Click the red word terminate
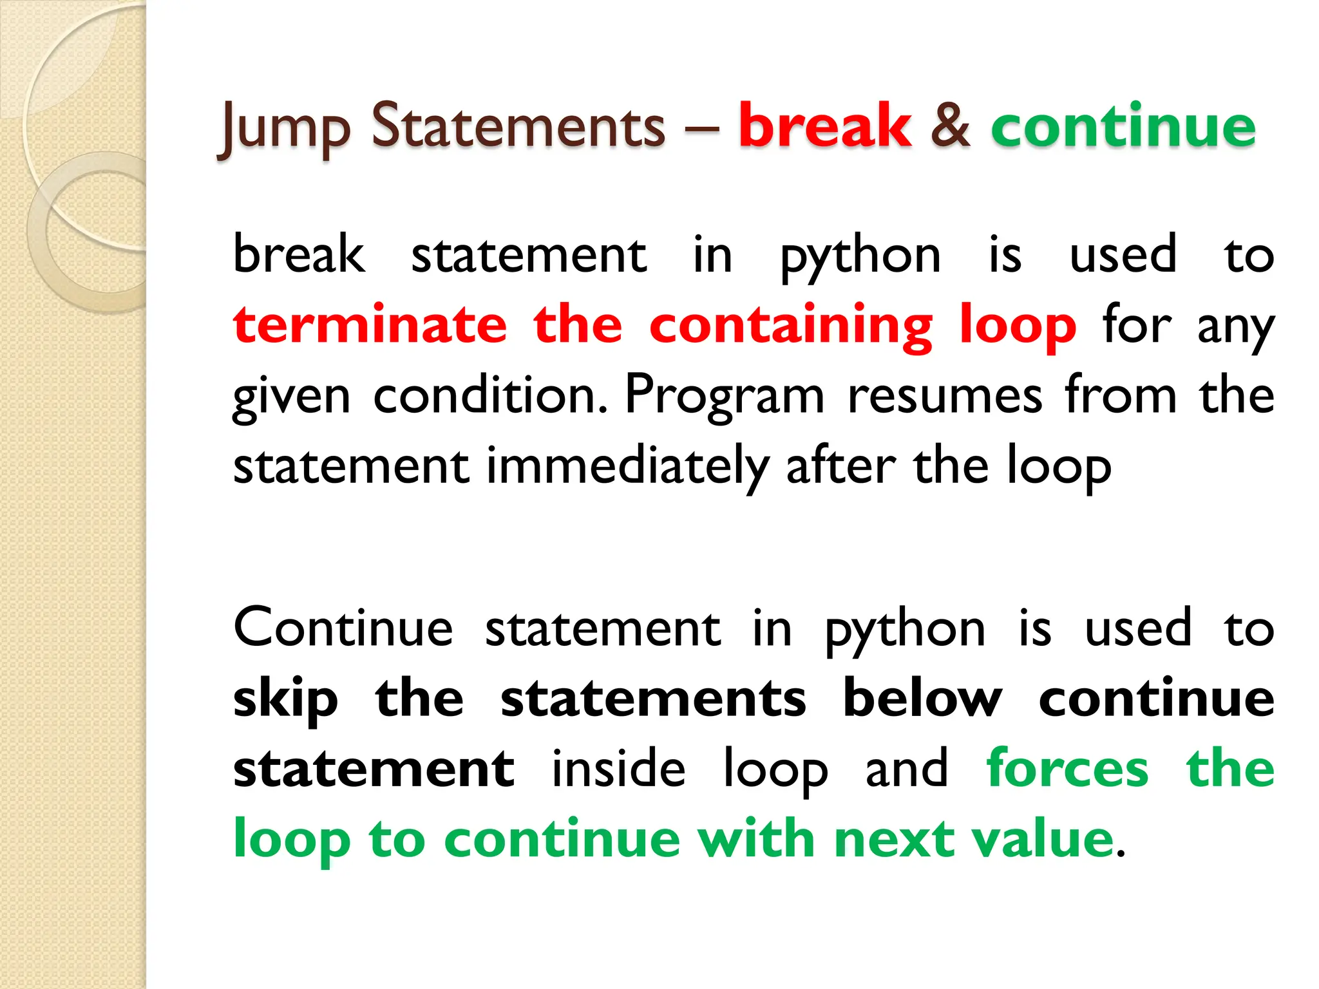[370, 325]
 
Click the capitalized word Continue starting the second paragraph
[343, 628]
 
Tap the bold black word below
[922, 698]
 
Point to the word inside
[619, 768]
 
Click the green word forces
[1067, 768]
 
